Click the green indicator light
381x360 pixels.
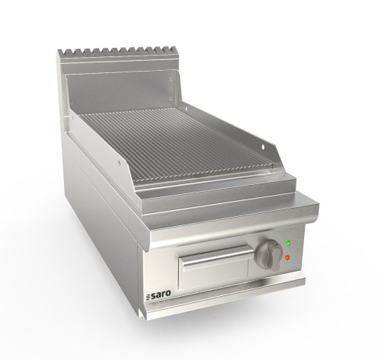(288, 244)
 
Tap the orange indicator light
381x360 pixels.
(287, 257)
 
